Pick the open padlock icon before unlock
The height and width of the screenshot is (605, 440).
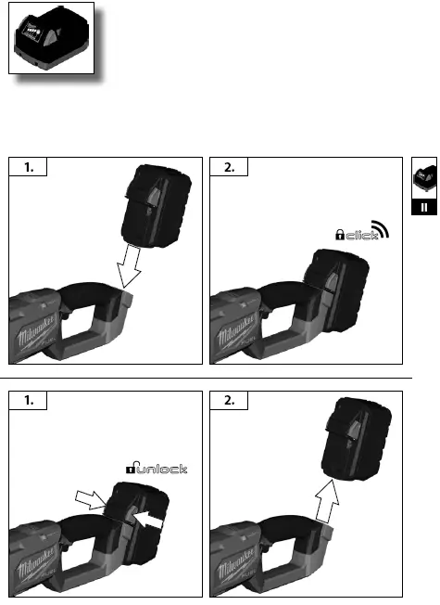pyautogui.click(x=133, y=470)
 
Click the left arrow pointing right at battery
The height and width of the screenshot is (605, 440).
pyautogui.click(x=94, y=502)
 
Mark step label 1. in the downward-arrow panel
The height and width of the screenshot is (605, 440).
pyautogui.click(x=27, y=167)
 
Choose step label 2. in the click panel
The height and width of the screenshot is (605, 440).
pyautogui.click(x=229, y=167)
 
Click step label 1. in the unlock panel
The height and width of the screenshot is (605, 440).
pyautogui.click(x=27, y=401)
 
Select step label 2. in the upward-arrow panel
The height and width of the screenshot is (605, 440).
pyautogui.click(x=229, y=401)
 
